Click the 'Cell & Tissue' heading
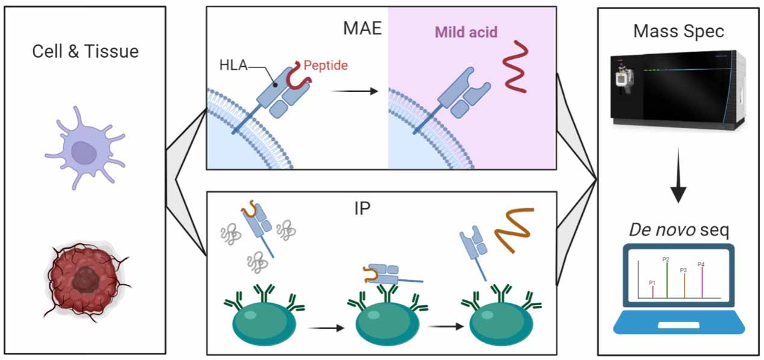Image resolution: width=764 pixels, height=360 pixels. click(x=85, y=51)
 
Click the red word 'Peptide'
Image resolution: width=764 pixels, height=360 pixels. click(x=326, y=64)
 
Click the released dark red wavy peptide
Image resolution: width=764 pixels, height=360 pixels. click(x=516, y=67)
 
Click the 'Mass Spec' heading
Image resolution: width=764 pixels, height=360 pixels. click(x=679, y=31)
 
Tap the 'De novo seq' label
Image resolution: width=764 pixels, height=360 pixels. click(x=679, y=231)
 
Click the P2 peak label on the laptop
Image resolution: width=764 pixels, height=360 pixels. click(x=666, y=259)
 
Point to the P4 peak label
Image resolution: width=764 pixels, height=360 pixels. click(x=701, y=264)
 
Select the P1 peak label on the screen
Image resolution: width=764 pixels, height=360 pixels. click(x=652, y=282)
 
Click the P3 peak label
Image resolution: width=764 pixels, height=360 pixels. click(x=683, y=270)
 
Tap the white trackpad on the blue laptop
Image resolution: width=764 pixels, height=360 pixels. click(x=678, y=325)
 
